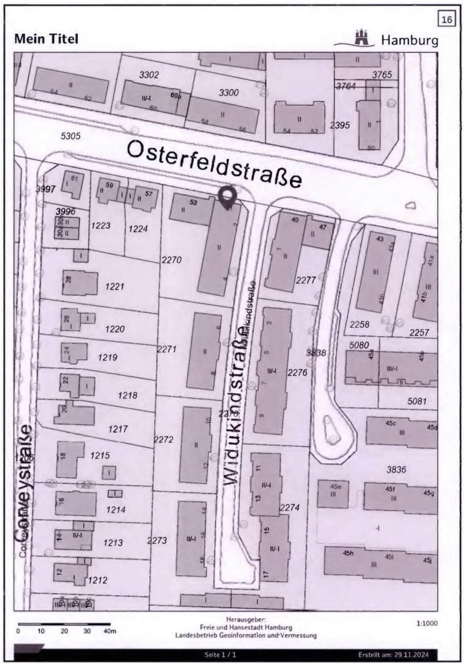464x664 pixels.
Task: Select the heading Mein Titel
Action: click(46, 39)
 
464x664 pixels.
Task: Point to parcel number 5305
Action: click(70, 136)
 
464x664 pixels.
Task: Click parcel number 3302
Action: click(149, 75)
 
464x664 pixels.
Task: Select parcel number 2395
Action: click(340, 126)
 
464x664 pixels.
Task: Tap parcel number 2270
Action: click(171, 260)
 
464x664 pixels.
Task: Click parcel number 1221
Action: click(114, 287)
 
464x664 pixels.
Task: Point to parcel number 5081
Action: click(417, 401)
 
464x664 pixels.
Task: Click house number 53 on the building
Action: click(193, 203)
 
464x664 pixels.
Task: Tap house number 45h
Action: click(348, 553)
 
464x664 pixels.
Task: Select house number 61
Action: click(75, 179)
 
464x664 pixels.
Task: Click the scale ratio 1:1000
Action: click(427, 623)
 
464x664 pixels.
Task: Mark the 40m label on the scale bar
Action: click(110, 631)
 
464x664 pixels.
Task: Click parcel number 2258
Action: click(359, 325)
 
